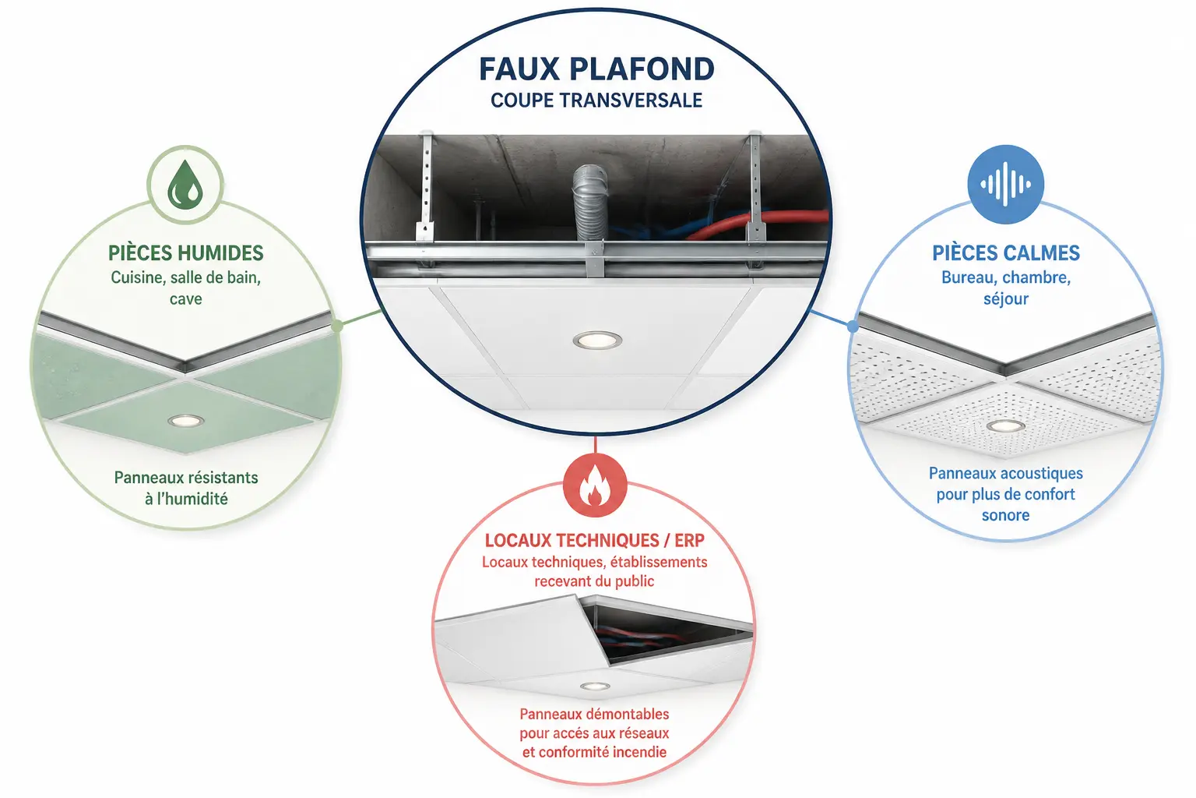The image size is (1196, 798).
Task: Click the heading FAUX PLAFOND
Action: (x=596, y=69)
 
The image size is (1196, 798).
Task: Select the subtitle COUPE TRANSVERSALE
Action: (x=596, y=101)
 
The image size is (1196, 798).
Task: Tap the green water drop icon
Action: (x=185, y=185)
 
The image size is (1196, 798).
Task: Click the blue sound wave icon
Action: (x=1005, y=184)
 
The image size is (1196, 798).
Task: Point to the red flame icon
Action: (x=595, y=485)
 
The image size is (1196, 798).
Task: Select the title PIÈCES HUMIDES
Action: (x=186, y=253)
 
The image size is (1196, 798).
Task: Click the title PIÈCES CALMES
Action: (x=1006, y=253)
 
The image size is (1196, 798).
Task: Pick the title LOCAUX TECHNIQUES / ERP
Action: (x=595, y=540)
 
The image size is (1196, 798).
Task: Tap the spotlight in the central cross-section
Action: (x=597, y=340)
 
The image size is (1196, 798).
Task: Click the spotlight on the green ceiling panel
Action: (x=186, y=421)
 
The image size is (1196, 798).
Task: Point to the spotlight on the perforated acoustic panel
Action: (x=1005, y=426)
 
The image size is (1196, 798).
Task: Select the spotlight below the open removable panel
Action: (x=595, y=687)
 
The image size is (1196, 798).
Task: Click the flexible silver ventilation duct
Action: (x=590, y=203)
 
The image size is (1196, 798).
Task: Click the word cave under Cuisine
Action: (x=186, y=299)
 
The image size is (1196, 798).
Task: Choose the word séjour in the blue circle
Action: (x=1006, y=298)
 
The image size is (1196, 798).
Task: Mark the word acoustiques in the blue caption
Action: (x=1041, y=474)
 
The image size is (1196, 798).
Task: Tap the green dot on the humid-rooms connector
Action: (x=337, y=326)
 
